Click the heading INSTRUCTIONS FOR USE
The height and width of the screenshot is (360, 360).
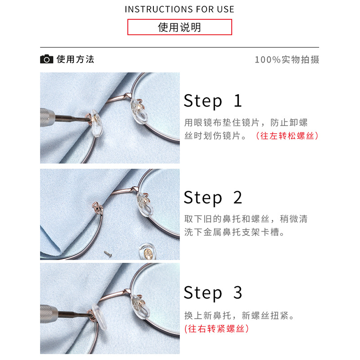179,9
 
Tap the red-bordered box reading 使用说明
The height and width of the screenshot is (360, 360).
180,27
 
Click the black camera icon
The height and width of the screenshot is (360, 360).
47,59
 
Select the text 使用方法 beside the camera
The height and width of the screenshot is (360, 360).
75,59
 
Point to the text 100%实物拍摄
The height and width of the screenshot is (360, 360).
287,59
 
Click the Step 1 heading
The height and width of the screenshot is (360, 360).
212,101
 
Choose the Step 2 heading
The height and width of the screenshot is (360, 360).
212,198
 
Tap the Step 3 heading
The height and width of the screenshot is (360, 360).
212,293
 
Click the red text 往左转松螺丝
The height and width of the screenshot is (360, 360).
287,136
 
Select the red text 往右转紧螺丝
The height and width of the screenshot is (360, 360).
216,328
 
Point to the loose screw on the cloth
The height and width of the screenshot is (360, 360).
108,254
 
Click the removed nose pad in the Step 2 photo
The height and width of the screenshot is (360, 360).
148,252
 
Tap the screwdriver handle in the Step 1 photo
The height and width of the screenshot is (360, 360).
48,117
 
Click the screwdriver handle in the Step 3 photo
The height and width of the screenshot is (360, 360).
49,314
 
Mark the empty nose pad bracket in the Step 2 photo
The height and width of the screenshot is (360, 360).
97,207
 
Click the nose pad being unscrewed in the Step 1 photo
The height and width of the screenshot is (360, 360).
96,123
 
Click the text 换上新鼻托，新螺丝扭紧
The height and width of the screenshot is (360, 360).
239,315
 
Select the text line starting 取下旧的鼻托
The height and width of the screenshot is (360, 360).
246,219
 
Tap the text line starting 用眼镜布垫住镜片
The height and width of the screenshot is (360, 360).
246,122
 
